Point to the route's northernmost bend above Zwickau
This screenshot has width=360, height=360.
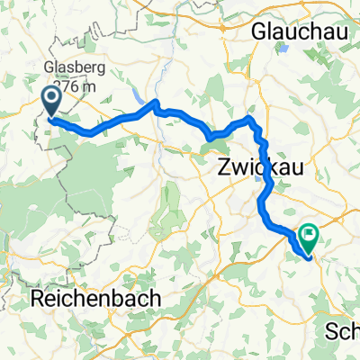pyautogui.click(x=249, y=120)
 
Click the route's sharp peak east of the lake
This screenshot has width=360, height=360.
pyautogui.click(x=156, y=104)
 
